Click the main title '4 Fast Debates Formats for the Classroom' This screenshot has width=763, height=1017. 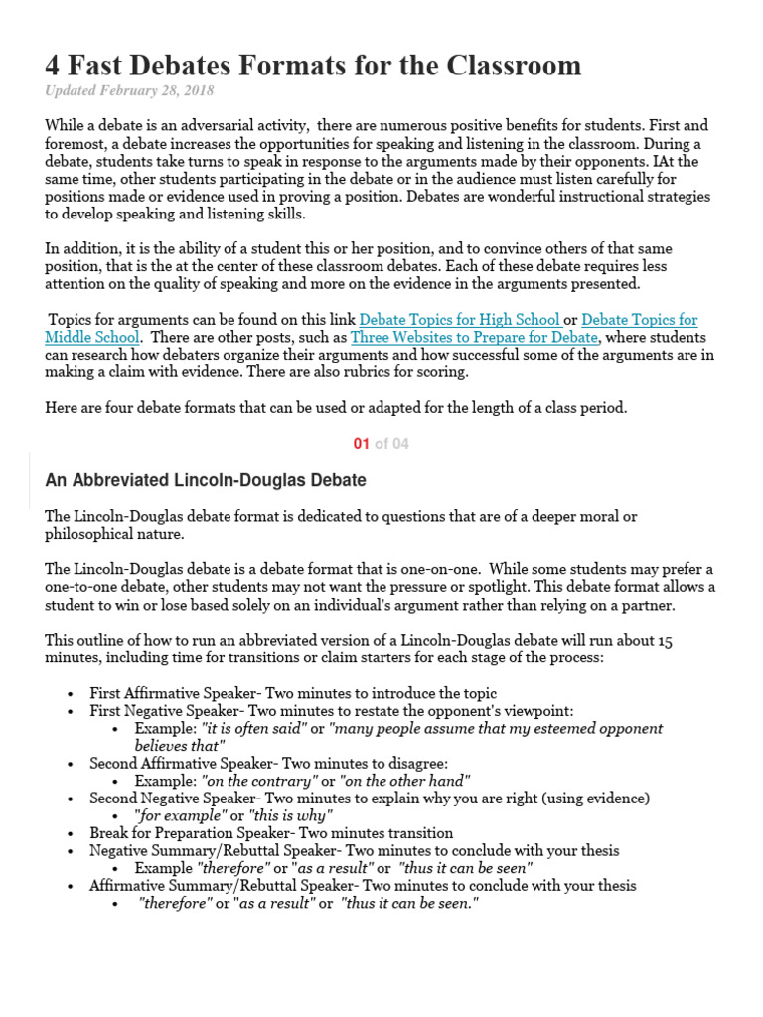pos(313,66)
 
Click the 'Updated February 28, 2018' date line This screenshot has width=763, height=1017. pos(129,91)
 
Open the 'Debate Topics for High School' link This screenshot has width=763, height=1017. pos(460,320)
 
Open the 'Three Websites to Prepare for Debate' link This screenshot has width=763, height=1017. pos(474,337)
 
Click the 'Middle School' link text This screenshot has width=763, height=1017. pos(92,337)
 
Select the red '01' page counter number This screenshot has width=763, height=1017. pos(361,444)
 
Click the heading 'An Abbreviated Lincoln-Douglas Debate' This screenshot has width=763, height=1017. pos(206,481)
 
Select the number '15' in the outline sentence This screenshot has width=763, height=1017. pos(664,642)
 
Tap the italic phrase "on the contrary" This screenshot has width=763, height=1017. pos(258,781)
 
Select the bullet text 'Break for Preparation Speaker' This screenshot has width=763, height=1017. pos(193,833)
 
